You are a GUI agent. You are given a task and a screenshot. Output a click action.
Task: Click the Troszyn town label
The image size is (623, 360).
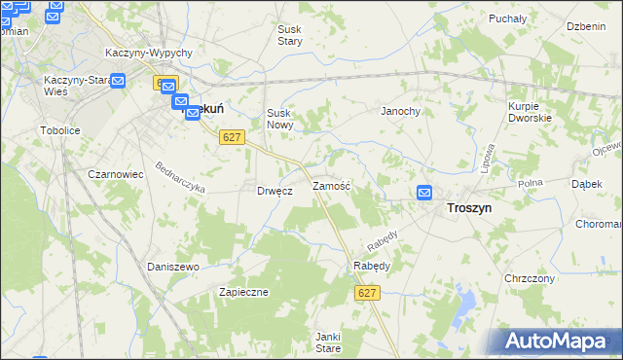[x=468, y=208]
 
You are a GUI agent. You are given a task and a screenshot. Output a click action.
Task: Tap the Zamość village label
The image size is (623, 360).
[x=331, y=185]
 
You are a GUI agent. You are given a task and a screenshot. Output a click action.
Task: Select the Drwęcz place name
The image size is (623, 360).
[x=275, y=191]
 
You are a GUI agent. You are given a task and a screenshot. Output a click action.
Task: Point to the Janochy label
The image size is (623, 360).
[x=400, y=111]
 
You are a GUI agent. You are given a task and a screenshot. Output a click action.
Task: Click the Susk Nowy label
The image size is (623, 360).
[x=280, y=120]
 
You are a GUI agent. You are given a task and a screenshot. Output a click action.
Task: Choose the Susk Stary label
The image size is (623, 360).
[x=290, y=35]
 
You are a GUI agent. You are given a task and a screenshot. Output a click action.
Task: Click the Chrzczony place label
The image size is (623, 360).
[x=530, y=278]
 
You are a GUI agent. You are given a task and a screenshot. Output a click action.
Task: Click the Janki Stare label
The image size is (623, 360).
[x=327, y=342]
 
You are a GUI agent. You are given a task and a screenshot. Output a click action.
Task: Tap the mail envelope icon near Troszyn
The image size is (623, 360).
[x=424, y=193]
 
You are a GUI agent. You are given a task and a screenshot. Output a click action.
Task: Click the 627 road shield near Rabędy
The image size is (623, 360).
[x=366, y=293]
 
